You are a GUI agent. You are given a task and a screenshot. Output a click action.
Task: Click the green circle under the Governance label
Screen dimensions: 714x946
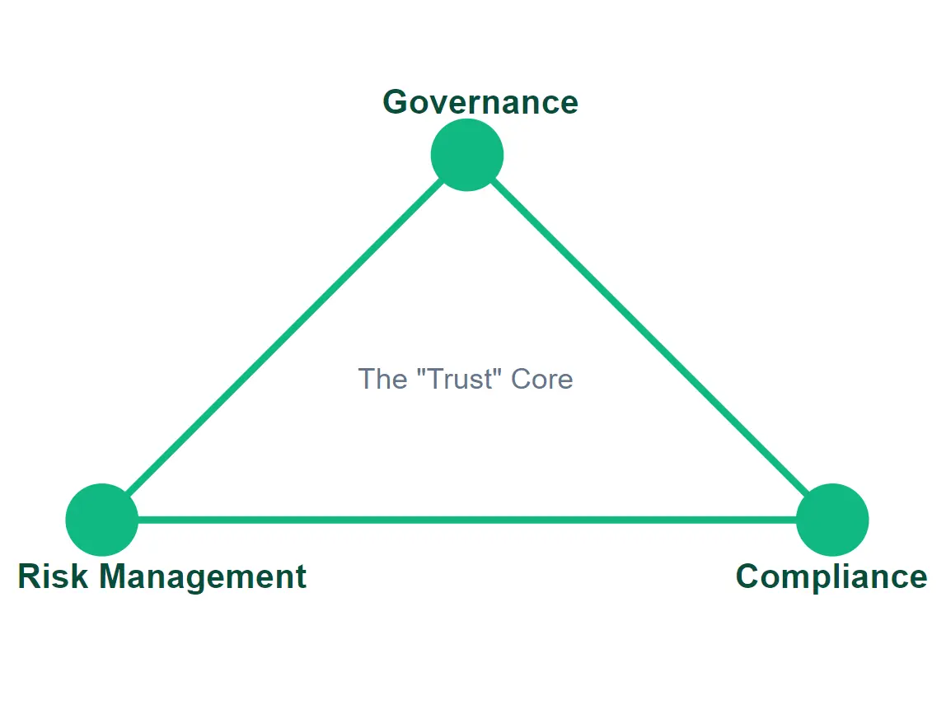(x=467, y=155)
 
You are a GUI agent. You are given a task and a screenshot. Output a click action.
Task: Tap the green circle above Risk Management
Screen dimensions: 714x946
(x=101, y=520)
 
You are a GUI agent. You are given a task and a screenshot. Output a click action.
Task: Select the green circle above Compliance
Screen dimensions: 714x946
(x=832, y=520)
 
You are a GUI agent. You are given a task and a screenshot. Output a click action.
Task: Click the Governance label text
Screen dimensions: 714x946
(x=480, y=103)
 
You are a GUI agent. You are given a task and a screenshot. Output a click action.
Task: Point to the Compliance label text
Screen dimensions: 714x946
(x=831, y=576)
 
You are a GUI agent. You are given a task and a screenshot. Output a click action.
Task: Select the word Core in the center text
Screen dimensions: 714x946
(x=541, y=379)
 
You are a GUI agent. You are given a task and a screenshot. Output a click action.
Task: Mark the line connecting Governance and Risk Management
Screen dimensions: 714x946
(x=284, y=338)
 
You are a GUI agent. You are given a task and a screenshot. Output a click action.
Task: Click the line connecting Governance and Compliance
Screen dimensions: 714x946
(x=650, y=338)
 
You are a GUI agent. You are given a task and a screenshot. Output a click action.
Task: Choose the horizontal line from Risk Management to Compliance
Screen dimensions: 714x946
(x=467, y=520)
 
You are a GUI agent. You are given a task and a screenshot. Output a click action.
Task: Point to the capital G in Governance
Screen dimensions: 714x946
(x=396, y=103)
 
